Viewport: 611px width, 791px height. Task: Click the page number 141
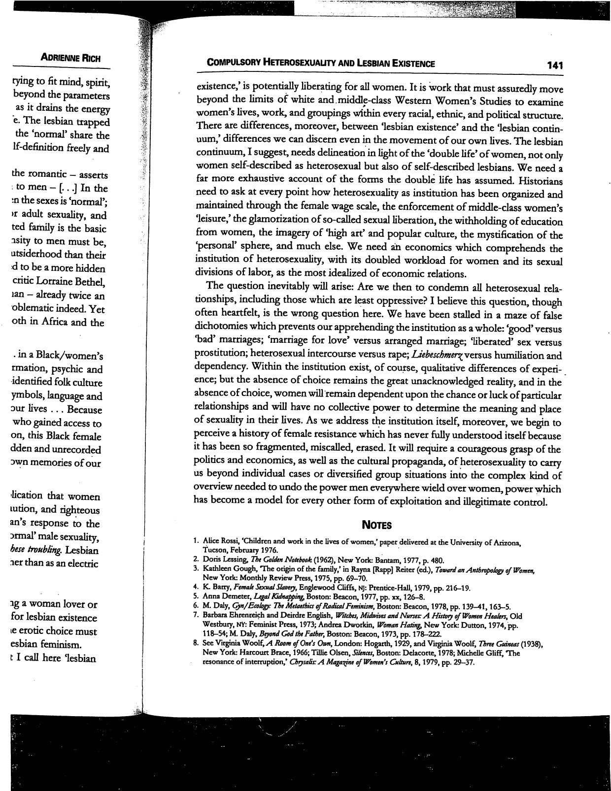[554, 65]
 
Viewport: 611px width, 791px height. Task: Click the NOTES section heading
[377, 525]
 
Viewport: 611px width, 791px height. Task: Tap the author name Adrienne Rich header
[71, 58]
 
